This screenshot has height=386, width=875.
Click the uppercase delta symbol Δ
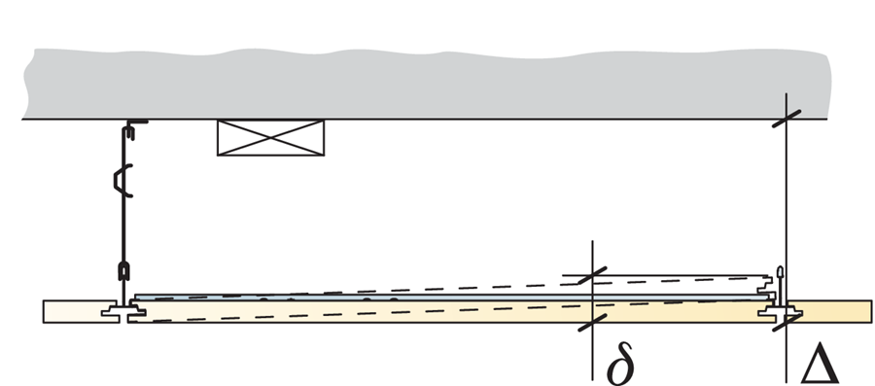pyautogui.click(x=819, y=361)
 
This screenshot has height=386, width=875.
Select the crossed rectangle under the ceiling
pyautogui.click(x=269, y=137)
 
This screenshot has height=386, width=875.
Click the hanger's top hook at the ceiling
pyautogui.click(x=133, y=123)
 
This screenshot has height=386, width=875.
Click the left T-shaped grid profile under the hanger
pyautogui.click(x=124, y=310)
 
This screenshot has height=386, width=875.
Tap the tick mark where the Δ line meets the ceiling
pyautogui.click(x=787, y=119)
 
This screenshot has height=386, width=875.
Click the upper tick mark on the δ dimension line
pyautogui.click(x=592, y=275)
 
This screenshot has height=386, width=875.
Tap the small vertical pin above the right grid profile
pyautogui.click(x=780, y=278)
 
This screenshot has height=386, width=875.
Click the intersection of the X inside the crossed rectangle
pyautogui.click(x=269, y=137)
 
